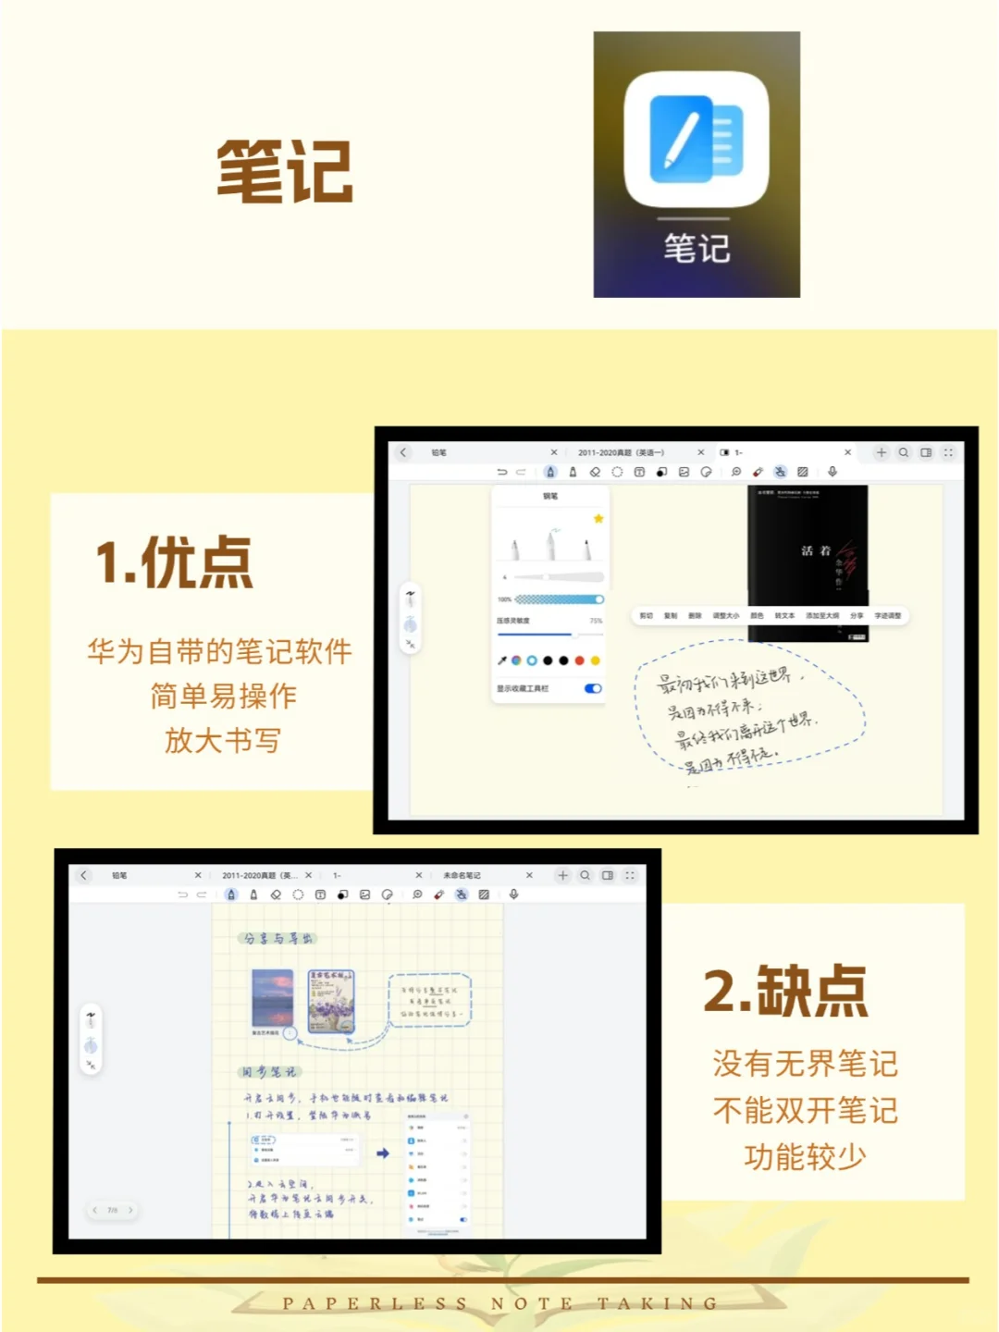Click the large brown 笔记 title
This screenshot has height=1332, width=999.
pyautogui.click(x=285, y=171)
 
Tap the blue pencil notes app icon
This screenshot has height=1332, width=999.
pyautogui.click(x=697, y=140)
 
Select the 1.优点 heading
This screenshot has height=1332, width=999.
pyautogui.click(x=174, y=561)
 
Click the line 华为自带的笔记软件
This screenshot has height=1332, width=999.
pyautogui.click(x=220, y=651)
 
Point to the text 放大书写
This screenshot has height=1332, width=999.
pyautogui.click(x=222, y=740)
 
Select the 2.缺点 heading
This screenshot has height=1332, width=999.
pyautogui.click(x=785, y=991)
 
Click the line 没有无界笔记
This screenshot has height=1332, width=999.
pyautogui.click(x=805, y=1064)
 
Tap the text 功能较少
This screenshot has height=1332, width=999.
pyautogui.click(x=805, y=1156)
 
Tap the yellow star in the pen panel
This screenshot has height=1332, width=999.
pyautogui.click(x=598, y=519)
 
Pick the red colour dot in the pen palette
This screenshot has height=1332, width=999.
pyautogui.click(x=579, y=660)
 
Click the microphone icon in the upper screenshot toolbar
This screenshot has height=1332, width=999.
pyautogui.click(x=832, y=472)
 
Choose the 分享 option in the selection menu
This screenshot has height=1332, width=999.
pyautogui.click(x=857, y=615)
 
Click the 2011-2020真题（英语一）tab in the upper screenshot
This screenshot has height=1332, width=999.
pyautogui.click(x=621, y=452)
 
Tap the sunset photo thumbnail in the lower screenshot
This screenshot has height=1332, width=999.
pyautogui.click(x=272, y=998)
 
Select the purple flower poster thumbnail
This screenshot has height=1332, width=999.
pyautogui.click(x=330, y=1001)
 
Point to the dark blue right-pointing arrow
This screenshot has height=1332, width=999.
pyautogui.click(x=382, y=1153)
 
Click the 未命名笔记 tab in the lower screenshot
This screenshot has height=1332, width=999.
pyautogui.click(x=462, y=875)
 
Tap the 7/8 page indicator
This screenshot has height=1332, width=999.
pyautogui.click(x=113, y=1210)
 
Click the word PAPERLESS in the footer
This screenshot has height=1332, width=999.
pyautogui.click(x=375, y=1303)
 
